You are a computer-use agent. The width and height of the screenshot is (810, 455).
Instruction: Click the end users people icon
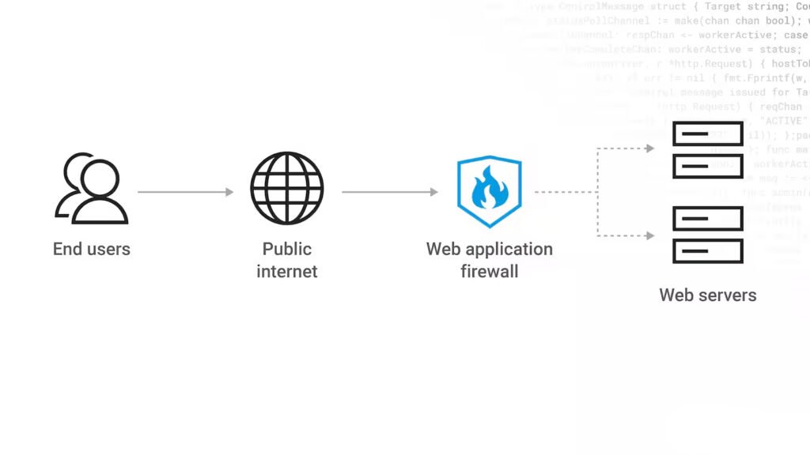pos(91,189)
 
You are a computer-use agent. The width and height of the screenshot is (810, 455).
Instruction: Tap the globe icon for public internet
pos(287,189)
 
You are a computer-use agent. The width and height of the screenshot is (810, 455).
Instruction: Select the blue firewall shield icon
pos(489,192)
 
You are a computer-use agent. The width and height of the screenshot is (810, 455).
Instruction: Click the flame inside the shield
pos(489,190)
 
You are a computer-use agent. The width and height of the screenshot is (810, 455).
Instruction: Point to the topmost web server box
pos(707,133)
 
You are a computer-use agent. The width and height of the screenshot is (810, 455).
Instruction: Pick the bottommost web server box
pos(707,250)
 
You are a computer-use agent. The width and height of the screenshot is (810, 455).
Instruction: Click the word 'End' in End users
pos(67,250)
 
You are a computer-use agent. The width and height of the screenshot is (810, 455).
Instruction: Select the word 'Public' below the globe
pos(287,250)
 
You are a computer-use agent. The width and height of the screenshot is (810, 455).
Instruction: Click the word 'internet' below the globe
pos(287,272)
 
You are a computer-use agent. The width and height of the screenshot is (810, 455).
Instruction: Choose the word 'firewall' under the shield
pos(489,272)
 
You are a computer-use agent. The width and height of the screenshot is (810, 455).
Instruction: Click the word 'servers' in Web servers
pos(728,295)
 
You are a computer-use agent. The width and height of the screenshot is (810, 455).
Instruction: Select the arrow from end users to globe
pos(186,192)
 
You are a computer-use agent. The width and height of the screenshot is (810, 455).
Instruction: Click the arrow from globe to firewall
pos(390,192)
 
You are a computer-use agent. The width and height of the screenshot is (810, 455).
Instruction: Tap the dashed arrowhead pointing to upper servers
pos(649,149)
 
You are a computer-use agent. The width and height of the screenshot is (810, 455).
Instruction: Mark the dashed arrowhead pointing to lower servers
pos(649,235)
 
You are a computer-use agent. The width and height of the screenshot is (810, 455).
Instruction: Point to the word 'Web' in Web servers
pos(676,295)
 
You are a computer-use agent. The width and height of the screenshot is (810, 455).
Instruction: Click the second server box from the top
pos(707,166)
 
